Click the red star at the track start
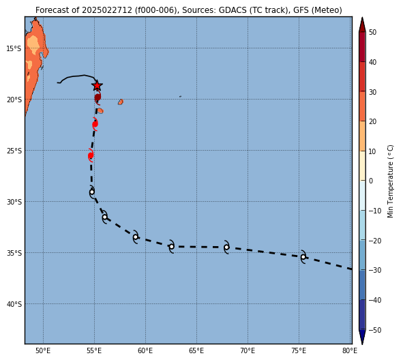tap(97, 86)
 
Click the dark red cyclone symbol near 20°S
tap(98, 97)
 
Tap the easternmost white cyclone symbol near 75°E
tap(303, 256)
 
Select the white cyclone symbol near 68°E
tap(226, 247)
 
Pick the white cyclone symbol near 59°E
tap(136, 237)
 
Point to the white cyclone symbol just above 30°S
tap(92, 192)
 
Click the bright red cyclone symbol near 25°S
tap(91, 155)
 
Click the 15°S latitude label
tap(14, 48)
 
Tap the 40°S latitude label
tap(14, 304)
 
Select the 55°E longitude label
tap(94, 351)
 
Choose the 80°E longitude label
tap(350, 351)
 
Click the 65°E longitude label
tap(196, 351)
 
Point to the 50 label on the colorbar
tap(372, 32)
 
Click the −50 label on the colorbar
tap(375, 330)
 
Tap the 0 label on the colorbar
tap(371, 181)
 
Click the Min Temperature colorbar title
tap(390, 181)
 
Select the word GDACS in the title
tap(231, 10)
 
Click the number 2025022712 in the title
tap(107, 10)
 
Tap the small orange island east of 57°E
tap(121, 102)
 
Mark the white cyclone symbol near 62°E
tap(171, 246)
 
